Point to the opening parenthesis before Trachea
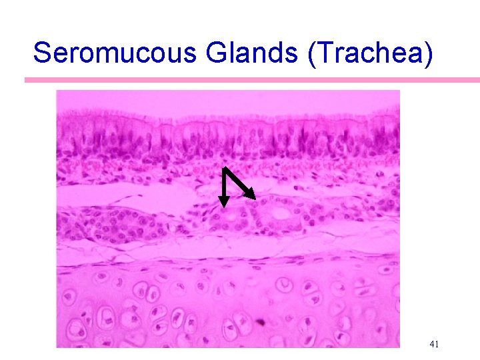tap(313, 52)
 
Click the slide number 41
tap(434, 344)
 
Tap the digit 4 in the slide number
tap(431, 344)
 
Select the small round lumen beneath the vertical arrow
tap(231, 216)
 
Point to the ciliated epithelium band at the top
tap(227, 137)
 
